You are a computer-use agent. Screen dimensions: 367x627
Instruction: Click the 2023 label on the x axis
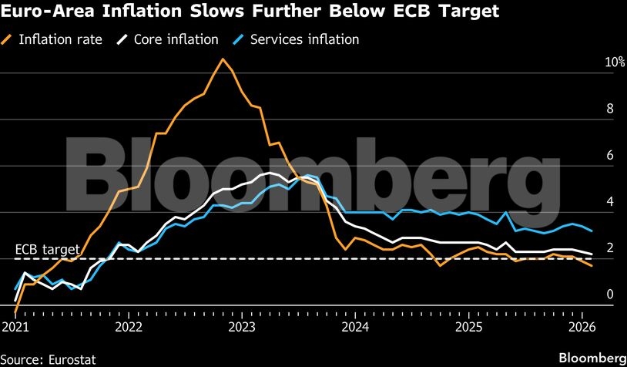pyautogui.click(x=242, y=327)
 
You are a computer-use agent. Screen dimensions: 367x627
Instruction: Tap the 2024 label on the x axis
pyautogui.click(x=355, y=327)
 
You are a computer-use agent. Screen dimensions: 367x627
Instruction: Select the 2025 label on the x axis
pyautogui.click(x=468, y=327)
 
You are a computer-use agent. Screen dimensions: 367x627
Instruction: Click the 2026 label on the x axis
pyautogui.click(x=582, y=327)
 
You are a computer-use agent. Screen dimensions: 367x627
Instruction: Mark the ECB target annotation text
pyautogui.click(x=47, y=250)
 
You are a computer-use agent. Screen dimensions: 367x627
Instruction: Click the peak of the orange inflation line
pyautogui.click(x=223, y=59)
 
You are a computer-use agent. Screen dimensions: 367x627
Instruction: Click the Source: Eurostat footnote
pyautogui.click(x=49, y=359)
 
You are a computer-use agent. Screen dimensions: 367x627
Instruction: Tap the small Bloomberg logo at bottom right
pyautogui.click(x=592, y=359)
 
